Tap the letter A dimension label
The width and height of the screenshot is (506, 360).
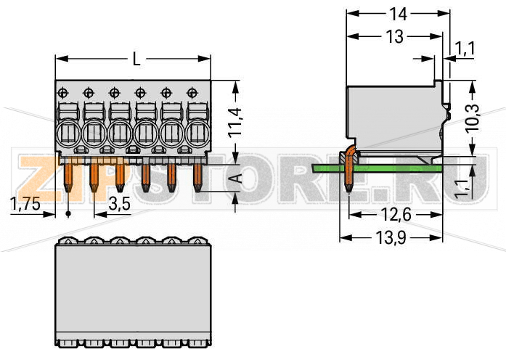tap(234, 179)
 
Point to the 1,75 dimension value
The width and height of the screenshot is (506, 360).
tap(26, 204)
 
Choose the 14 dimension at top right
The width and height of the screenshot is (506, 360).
tap(396, 13)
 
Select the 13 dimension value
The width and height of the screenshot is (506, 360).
tap(394, 37)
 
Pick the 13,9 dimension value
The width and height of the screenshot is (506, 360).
tap(391, 238)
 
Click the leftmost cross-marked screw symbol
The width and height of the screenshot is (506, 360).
tap(63, 92)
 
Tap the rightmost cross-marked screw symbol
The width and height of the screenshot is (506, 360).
tap(192, 92)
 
